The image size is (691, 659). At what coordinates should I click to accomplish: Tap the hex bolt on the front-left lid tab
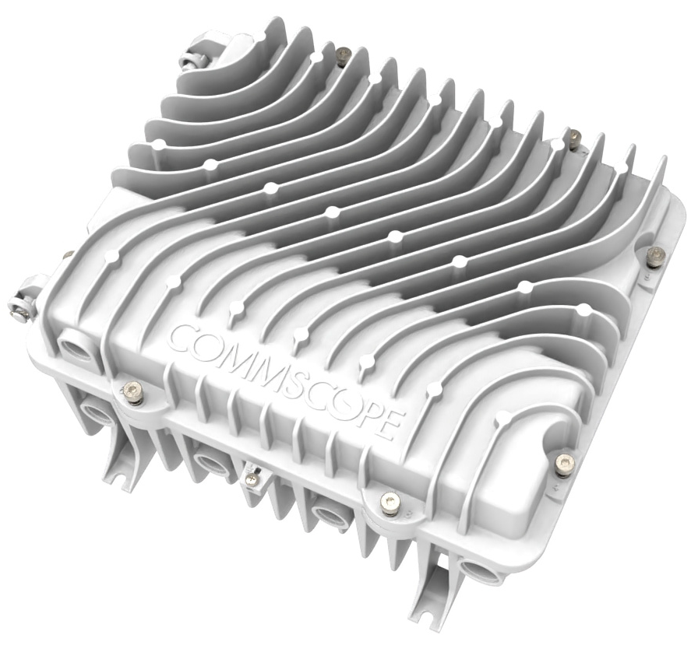click(132, 390)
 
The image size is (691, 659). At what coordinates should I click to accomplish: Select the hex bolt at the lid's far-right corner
click(655, 254)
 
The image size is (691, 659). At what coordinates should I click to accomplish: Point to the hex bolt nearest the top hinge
click(341, 54)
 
